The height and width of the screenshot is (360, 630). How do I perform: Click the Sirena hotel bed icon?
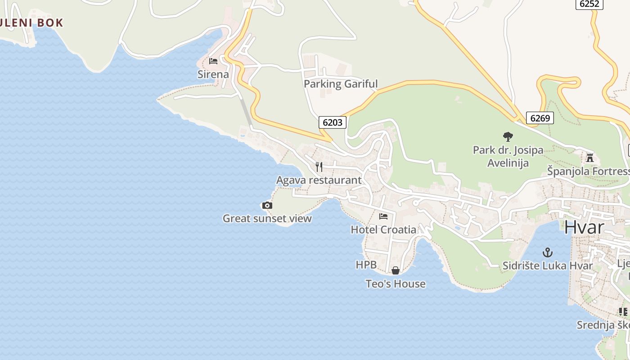coord(213,61)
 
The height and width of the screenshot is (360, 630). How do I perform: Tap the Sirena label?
coord(213,74)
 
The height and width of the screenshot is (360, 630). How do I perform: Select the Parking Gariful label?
coord(341,84)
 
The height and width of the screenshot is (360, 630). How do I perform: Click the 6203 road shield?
coord(333,122)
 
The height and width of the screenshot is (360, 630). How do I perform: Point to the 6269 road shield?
coord(540,118)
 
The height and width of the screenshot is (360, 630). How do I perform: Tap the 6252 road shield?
coord(589,4)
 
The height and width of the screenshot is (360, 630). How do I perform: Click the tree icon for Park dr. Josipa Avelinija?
coord(508,136)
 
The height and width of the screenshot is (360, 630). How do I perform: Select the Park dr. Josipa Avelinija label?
coord(508,156)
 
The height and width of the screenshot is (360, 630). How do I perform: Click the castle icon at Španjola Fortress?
coord(590,157)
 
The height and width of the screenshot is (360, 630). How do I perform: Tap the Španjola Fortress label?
coord(588,171)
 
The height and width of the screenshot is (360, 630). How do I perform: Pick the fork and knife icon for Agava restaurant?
coord(319,167)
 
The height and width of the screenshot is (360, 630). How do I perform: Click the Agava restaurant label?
coord(319,180)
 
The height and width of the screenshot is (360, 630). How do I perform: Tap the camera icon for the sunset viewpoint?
coord(267,206)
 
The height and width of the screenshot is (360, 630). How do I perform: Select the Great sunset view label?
coord(267,219)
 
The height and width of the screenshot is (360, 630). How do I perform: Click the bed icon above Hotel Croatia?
coord(383,216)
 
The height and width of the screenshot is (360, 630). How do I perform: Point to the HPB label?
coord(366,265)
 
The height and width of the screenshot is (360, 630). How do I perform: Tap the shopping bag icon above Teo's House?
coord(396,270)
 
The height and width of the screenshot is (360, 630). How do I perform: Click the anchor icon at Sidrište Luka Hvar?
coord(548,252)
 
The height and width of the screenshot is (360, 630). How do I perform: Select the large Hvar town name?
coord(584,227)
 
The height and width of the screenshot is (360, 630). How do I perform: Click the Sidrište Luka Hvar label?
coord(548,265)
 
